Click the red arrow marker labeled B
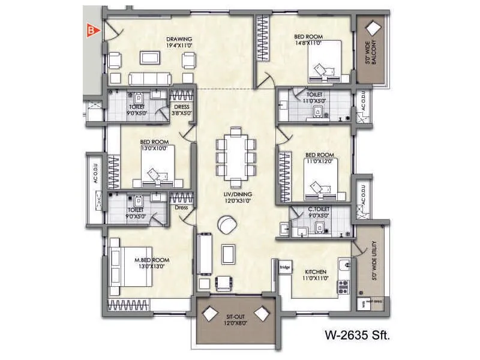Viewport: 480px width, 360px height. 91,28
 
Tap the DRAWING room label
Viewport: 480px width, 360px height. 178,41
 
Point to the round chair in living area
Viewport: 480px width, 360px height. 227,226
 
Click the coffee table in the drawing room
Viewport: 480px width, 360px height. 150,58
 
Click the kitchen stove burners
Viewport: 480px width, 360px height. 344,286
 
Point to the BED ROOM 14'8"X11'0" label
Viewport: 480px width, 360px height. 308,40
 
